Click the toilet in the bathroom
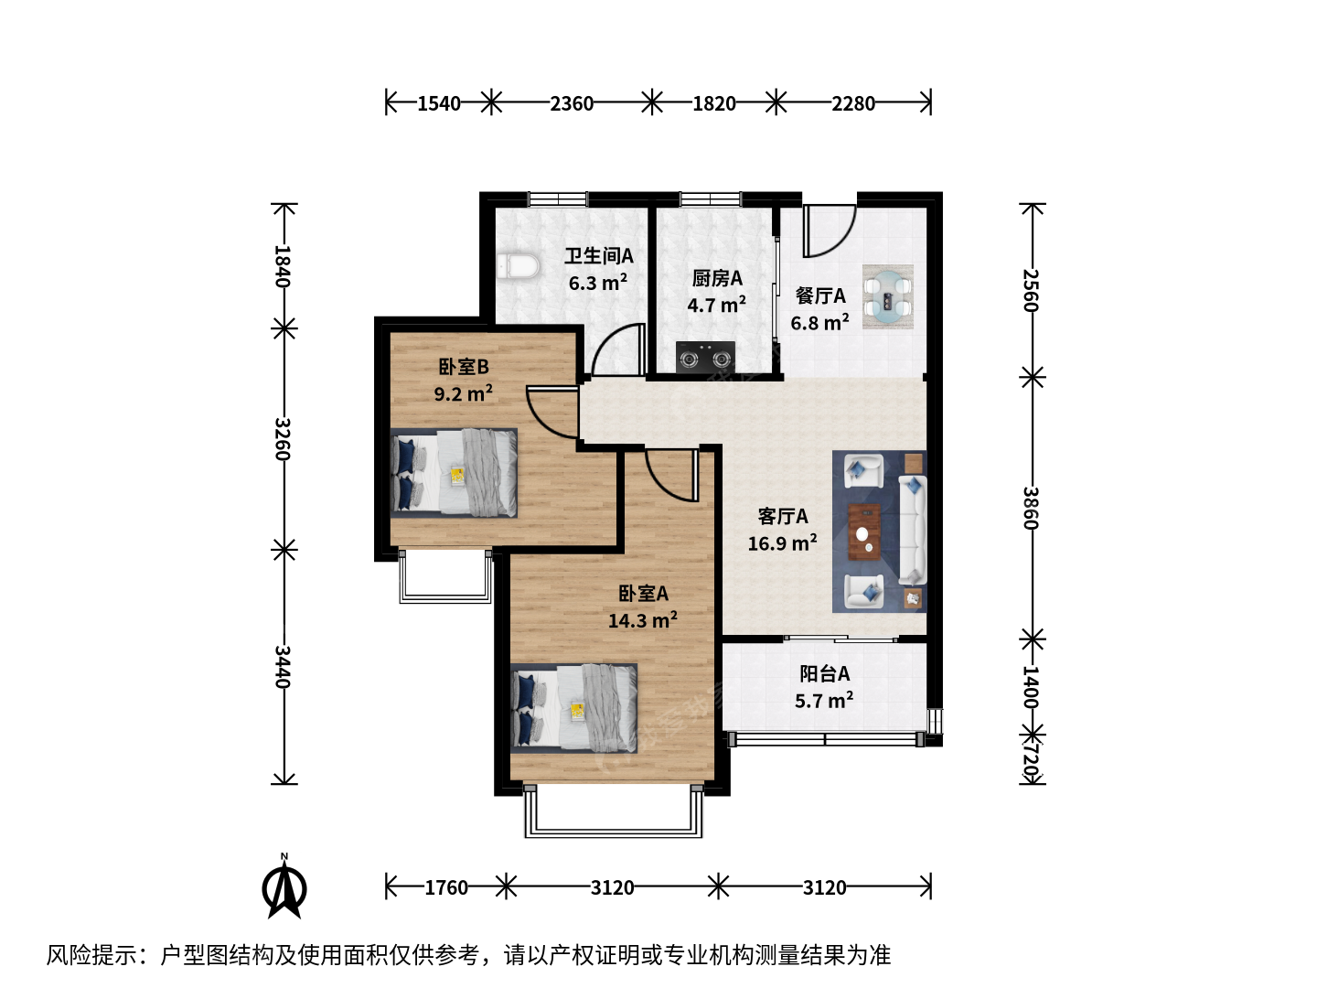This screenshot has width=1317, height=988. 519,266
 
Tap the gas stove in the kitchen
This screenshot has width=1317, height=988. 705,358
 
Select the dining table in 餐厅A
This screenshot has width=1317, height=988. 888,297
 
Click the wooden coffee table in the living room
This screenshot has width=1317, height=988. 864,532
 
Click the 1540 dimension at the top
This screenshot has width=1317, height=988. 439,103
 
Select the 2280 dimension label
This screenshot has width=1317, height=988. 852,103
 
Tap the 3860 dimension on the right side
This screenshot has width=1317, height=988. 1031,508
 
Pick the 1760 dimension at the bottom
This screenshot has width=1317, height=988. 446,887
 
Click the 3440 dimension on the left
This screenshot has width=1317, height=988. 283,667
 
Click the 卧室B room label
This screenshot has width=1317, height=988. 464,367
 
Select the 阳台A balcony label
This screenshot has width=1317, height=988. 824,674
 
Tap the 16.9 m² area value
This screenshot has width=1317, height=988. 782,542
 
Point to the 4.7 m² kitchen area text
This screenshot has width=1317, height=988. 716,305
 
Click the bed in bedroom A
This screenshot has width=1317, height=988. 573,708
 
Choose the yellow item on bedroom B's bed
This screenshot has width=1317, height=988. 458,475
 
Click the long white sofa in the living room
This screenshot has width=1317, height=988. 912,531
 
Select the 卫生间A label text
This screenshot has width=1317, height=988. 599,256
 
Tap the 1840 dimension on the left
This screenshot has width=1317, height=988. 283,266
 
